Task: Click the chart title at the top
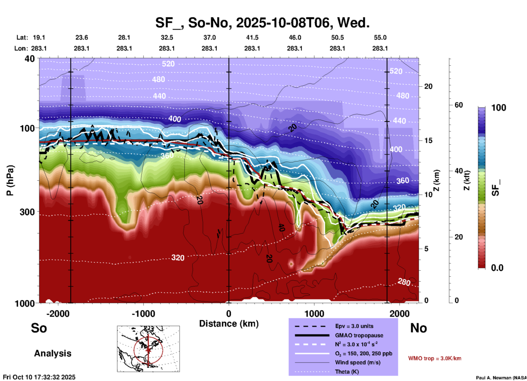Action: tap(262, 23)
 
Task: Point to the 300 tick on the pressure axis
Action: tap(27, 212)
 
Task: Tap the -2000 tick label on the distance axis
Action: tap(58, 314)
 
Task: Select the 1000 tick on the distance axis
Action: tap(314, 314)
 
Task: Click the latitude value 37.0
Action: tap(209, 37)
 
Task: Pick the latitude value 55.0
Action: tap(380, 37)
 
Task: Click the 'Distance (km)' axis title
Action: tap(229, 324)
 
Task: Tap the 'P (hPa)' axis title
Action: tap(10, 180)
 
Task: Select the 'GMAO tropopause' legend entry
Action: tap(359, 335)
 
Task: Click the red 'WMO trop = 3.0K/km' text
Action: tap(435, 358)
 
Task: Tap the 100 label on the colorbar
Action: tap(499, 108)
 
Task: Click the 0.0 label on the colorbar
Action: tap(497, 268)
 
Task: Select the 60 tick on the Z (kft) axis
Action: tap(459, 105)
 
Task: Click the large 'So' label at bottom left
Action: tap(39, 328)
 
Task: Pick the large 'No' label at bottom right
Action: tap(418, 328)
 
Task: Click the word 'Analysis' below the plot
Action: tap(53, 353)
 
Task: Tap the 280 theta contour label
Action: tap(404, 282)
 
